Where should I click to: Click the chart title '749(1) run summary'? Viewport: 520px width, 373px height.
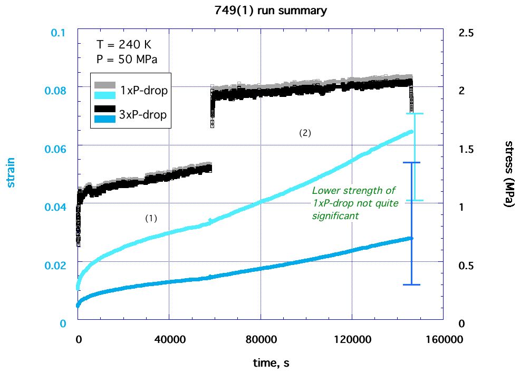click(x=260, y=10)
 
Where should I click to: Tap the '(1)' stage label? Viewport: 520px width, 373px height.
click(x=151, y=218)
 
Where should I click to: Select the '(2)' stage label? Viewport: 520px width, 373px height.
click(x=305, y=133)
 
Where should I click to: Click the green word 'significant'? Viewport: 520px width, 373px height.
click(x=335, y=215)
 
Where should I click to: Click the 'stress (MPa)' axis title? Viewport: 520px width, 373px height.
click(x=509, y=174)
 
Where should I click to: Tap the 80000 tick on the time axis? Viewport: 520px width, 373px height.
click(x=261, y=340)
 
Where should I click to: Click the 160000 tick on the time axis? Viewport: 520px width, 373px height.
click(x=442, y=340)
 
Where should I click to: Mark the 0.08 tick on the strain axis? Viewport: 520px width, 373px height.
click(x=60, y=90)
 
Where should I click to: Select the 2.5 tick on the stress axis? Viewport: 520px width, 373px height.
click(x=467, y=33)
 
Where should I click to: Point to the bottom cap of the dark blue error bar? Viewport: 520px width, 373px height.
click(x=411, y=284)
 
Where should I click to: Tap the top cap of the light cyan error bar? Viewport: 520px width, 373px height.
click(x=415, y=114)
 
